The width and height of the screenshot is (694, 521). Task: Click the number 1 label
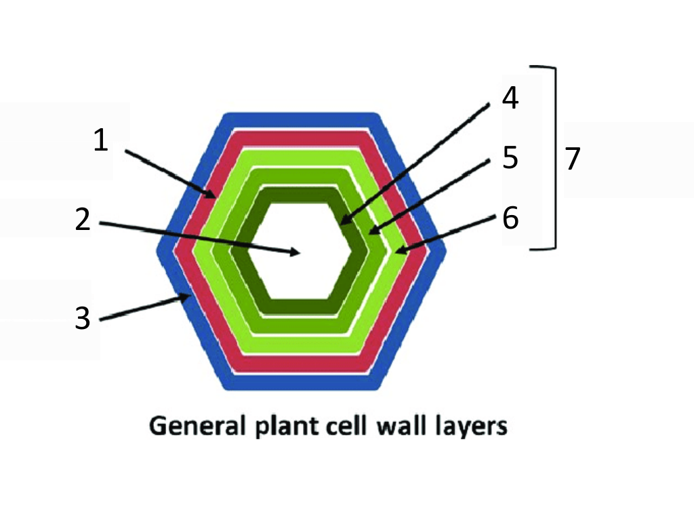(100, 141)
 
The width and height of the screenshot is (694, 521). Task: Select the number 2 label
(83, 220)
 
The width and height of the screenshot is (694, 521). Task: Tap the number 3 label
(82, 318)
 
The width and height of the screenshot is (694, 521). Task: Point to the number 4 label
(510, 98)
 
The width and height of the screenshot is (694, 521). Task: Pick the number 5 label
(510, 158)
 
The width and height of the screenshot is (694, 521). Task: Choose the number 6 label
(510, 218)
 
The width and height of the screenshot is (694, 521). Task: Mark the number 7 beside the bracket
(573, 159)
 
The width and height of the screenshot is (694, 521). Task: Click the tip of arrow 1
(216, 197)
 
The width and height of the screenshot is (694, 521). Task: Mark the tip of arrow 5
(369, 234)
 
